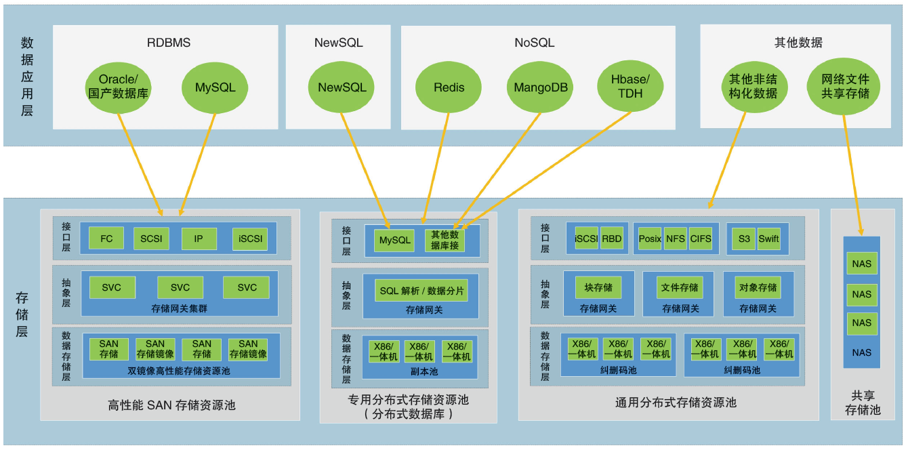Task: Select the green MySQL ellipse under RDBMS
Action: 215,87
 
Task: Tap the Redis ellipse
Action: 449,87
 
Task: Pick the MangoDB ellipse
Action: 540,87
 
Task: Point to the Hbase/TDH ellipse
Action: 630,87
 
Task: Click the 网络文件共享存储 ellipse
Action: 844,86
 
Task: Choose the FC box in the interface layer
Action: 106,239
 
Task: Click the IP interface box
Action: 198,239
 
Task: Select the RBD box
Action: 611,239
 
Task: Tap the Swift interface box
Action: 768,239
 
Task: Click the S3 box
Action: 744,239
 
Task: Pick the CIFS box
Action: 700,239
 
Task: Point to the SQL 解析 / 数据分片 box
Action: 421,291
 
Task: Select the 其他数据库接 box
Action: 445,240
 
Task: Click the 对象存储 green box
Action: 758,287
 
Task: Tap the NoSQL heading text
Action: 534,43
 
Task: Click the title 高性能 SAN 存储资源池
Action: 171,405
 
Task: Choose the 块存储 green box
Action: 598,287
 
